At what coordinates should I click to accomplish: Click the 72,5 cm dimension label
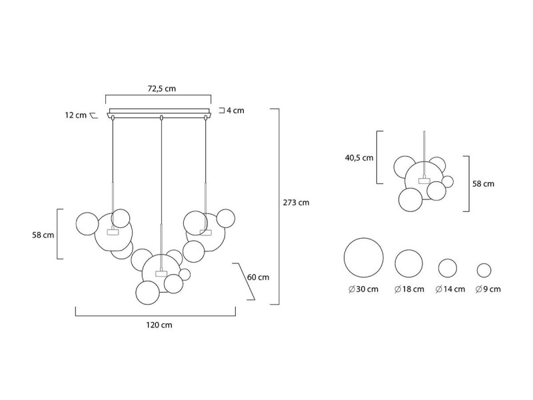161,89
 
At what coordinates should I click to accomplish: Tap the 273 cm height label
296,203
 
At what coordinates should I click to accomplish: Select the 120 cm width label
159,325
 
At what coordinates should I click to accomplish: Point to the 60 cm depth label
258,277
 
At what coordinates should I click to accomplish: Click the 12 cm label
76,115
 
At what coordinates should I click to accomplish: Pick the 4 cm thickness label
236,111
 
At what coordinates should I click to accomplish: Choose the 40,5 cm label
359,158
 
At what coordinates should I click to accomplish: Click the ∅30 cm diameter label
363,289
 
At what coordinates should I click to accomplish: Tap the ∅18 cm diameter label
409,289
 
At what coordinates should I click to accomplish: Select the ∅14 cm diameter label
450,289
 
